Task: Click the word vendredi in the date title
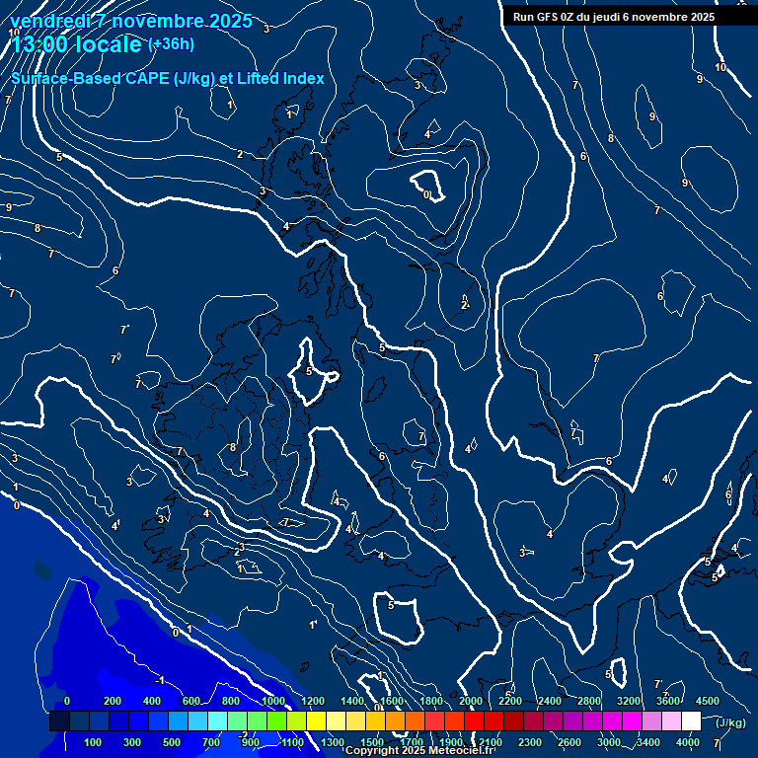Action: click(50, 21)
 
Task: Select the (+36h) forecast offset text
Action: click(171, 44)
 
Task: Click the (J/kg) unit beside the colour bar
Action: click(729, 723)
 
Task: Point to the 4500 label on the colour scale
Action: click(708, 701)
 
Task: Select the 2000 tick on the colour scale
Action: click(471, 701)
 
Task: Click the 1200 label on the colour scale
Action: click(313, 701)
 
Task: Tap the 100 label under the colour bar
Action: click(94, 742)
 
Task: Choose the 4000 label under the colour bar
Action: click(688, 742)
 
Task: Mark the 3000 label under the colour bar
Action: click(609, 742)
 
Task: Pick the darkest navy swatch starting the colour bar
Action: click(59, 722)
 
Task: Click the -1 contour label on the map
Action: click(161, 681)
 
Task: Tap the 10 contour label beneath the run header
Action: click(720, 68)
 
